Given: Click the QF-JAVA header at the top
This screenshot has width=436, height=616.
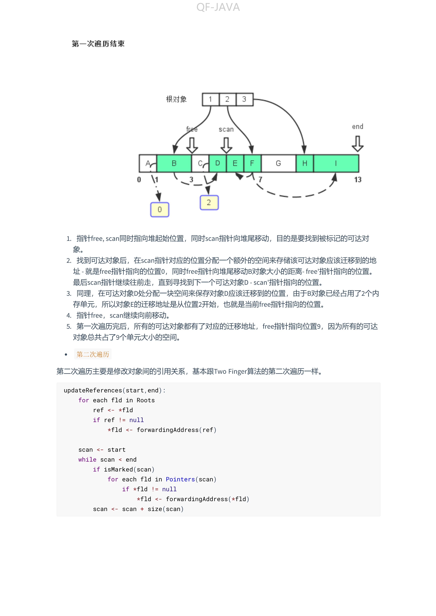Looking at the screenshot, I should coord(218,7).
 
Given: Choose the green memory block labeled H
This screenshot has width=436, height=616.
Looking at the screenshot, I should coord(305,163).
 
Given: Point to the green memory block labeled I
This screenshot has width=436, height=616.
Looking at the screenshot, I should coord(336,163).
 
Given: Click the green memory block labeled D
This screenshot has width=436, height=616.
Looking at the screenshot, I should coord(217,163).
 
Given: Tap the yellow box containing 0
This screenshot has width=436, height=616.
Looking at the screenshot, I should coord(160,210).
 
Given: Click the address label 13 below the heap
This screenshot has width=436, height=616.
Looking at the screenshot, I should coord(358,180).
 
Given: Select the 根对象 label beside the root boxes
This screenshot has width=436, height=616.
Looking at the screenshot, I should coord(176,99).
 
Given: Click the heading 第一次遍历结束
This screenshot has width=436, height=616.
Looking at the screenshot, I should coord(98,44).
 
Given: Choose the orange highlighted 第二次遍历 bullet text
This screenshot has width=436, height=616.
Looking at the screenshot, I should coord(93,354).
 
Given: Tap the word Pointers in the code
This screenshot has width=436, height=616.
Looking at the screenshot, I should coord(180,480).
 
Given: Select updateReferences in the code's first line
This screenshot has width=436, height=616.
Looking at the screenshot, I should coord(93,390).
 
